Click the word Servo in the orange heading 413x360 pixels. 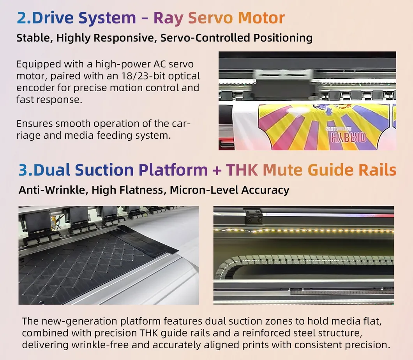coord(210,18)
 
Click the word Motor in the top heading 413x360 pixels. coord(261,18)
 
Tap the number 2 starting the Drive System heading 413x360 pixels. coord(21,18)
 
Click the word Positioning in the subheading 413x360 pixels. coord(283,38)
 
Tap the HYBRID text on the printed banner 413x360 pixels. coord(348,138)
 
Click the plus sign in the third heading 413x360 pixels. coord(217,170)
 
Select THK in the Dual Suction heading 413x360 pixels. coord(242,170)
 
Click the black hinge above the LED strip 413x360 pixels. coord(253,216)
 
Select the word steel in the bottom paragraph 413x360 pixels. coord(304,333)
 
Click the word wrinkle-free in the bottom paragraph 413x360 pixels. coord(99,345)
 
